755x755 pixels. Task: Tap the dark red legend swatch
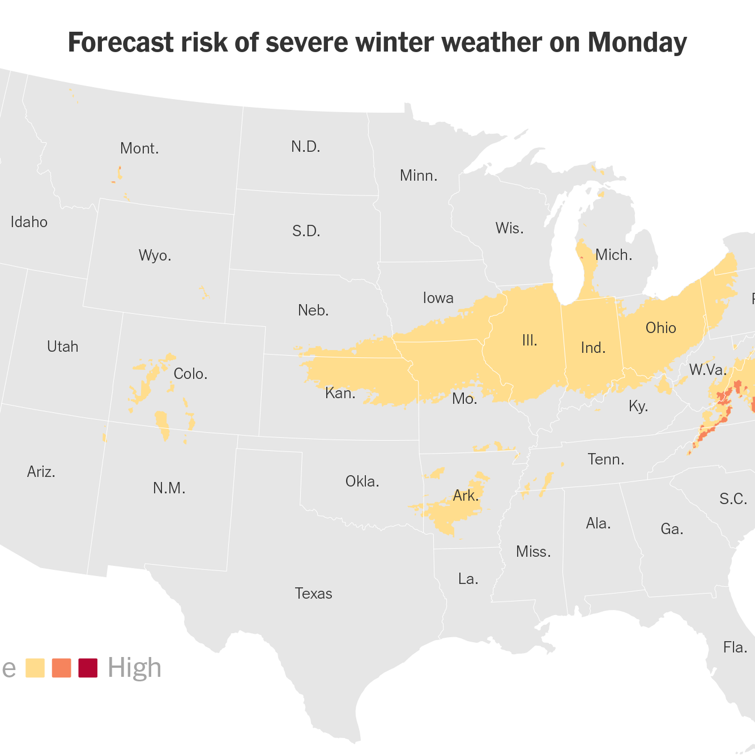click(x=88, y=668)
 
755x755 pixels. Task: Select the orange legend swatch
click(x=61, y=668)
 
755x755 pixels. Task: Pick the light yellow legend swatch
click(x=35, y=668)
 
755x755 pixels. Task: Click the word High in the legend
click(x=134, y=668)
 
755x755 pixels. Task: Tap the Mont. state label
click(x=139, y=149)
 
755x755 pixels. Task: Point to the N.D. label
click(x=306, y=147)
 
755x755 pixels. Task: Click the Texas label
click(x=313, y=594)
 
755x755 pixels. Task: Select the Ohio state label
click(x=660, y=328)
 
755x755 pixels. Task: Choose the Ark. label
click(x=466, y=496)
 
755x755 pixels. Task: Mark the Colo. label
click(x=190, y=374)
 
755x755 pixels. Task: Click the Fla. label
click(x=735, y=647)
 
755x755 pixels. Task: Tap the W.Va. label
click(x=707, y=370)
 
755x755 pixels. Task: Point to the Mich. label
click(x=613, y=255)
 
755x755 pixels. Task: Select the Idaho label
click(x=29, y=222)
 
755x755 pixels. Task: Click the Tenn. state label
click(x=605, y=459)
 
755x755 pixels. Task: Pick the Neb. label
click(x=313, y=310)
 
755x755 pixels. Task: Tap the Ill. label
click(x=529, y=340)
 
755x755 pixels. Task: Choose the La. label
click(x=468, y=579)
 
